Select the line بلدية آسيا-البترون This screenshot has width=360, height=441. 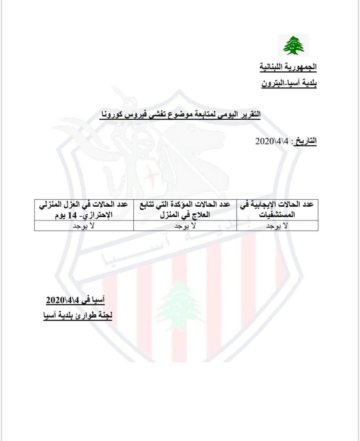pyautogui.click(x=288, y=84)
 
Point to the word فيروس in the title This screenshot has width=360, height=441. pyautogui.click(x=135, y=114)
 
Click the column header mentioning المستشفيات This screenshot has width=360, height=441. pyautogui.click(x=277, y=209)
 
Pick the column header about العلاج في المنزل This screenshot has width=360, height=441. pyautogui.click(x=185, y=209)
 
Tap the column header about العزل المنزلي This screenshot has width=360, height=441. pyautogui.click(x=84, y=209)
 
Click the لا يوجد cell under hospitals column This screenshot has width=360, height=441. pyautogui.click(x=277, y=226)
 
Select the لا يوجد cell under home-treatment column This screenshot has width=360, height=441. pyautogui.click(x=185, y=226)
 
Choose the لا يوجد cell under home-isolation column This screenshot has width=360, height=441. pyautogui.click(x=84, y=226)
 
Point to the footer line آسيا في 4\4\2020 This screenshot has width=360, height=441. pyautogui.click(x=75, y=300)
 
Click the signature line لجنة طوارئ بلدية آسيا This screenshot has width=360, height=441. pyautogui.click(x=78, y=315)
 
